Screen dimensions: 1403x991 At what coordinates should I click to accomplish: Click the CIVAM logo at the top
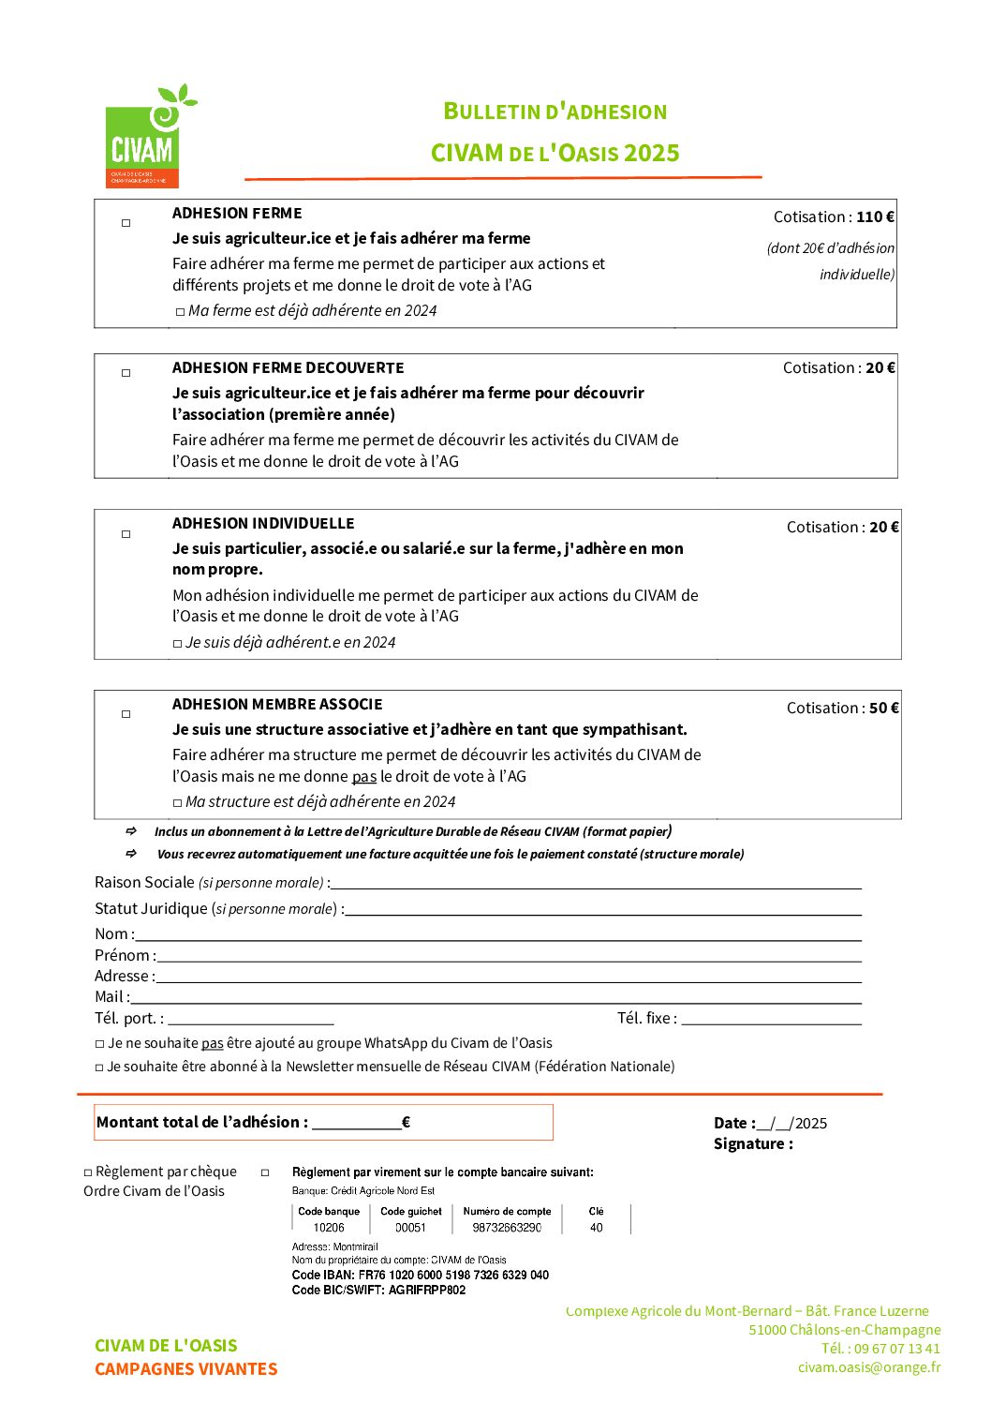[x=144, y=138]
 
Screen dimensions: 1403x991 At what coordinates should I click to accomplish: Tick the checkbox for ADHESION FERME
[x=126, y=223]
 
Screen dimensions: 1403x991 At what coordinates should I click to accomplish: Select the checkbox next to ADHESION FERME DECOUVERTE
[x=126, y=373]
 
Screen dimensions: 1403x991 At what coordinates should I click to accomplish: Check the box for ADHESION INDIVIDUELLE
[x=126, y=534]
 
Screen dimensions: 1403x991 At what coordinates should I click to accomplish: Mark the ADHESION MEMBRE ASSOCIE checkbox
[x=126, y=714]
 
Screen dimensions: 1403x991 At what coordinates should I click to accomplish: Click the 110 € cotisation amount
[x=875, y=217]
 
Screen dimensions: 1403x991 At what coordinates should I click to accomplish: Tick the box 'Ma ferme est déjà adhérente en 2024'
[x=180, y=312]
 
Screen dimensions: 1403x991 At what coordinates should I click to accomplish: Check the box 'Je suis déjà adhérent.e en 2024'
[x=177, y=644]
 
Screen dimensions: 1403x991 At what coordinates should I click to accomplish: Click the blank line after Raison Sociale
[x=595, y=884]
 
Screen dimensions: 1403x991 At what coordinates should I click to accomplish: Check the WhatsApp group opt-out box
[x=100, y=1044]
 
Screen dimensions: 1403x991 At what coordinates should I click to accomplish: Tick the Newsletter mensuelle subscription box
[x=100, y=1067]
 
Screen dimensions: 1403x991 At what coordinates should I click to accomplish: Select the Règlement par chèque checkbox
[x=88, y=1172]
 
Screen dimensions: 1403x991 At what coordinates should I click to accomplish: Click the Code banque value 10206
[x=329, y=1228]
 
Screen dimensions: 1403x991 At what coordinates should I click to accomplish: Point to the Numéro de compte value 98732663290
[x=507, y=1228]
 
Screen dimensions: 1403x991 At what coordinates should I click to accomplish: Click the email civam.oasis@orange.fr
[x=869, y=1367]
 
